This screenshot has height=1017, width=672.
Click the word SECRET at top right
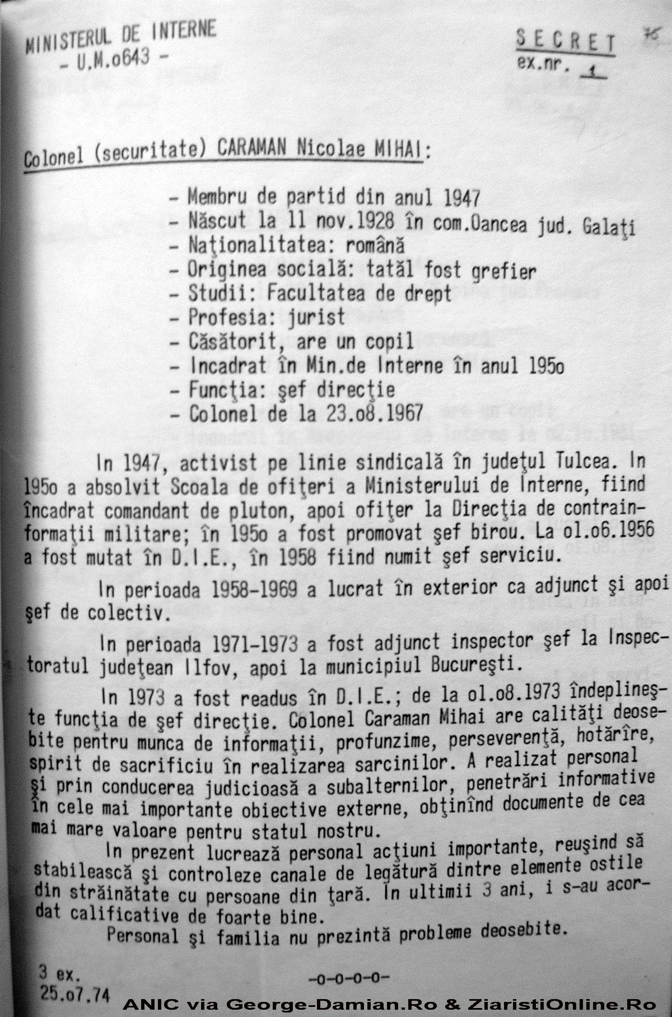(x=566, y=43)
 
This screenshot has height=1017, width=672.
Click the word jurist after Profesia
(x=316, y=317)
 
